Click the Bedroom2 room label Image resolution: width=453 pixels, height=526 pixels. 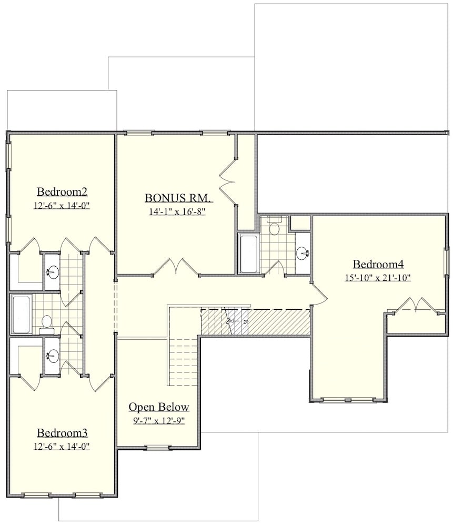click(62, 191)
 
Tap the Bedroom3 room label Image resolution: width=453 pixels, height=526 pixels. click(62, 433)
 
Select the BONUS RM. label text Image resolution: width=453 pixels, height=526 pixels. click(178, 198)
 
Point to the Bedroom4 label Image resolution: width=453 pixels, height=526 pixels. click(378, 264)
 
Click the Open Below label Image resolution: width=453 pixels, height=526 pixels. click(159, 407)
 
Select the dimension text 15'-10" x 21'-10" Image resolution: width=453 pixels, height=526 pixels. click(378, 278)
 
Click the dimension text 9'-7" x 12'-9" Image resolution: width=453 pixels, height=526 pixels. click(159, 420)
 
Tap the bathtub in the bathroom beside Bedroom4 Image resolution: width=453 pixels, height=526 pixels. click(249, 254)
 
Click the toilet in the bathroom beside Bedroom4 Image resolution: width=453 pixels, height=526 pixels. click(274, 227)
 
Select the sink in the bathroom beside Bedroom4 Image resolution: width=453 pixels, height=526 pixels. click(303, 254)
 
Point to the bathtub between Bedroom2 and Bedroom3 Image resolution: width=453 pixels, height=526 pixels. click(21, 315)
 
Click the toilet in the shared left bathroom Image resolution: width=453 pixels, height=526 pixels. click(46, 323)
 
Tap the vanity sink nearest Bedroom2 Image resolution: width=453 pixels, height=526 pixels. click(52, 272)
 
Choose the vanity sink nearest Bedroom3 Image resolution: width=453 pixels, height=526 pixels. click(52, 356)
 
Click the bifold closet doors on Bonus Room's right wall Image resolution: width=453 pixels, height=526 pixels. click(228, 183)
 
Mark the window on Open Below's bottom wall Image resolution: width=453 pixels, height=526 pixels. click(158, 448)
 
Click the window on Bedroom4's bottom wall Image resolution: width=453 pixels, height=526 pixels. click(348, 401)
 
